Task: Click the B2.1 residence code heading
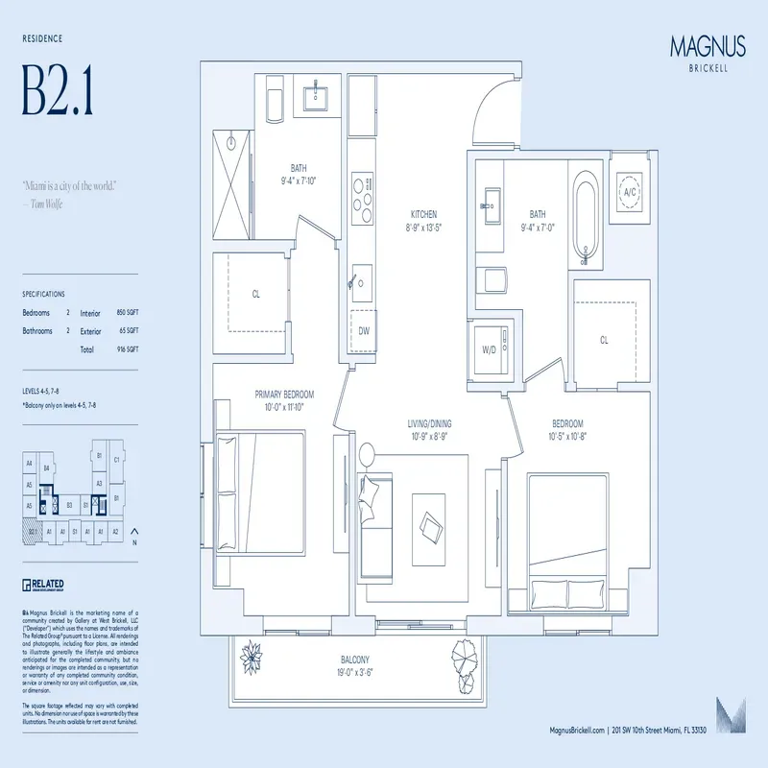point(58,91)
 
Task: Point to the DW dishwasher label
point(364,330)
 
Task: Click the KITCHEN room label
point(423,214)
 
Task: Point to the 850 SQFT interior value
point(128,313)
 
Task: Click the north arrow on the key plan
point(133,533)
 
